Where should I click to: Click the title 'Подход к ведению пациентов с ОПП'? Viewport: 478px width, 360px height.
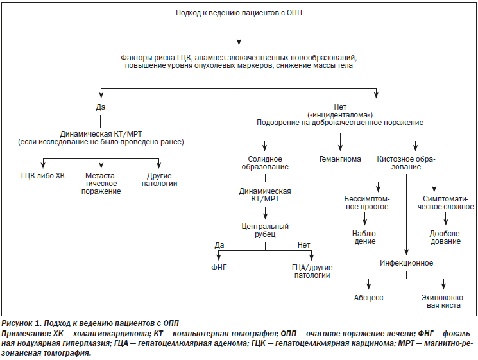(x=239, y=13)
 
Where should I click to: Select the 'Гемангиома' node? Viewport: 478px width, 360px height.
(x=340, y=159)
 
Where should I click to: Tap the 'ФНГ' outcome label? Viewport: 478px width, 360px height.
(x=219, y=268)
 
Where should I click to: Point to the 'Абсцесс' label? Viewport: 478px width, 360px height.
(x=368, y=298)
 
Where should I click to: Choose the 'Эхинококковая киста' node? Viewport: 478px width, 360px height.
(x=443, y=302)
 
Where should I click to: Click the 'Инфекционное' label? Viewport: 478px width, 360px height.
(x=406, y=262)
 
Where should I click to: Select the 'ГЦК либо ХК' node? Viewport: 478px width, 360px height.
(x=43, y=176)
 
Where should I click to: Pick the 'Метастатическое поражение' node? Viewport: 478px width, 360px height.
(x=101, y=184)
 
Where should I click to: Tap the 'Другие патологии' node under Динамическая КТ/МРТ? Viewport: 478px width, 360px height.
(x=159, y=180)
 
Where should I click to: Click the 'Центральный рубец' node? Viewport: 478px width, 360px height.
(x=265, y=230)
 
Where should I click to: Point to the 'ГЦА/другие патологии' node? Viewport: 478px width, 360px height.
(x=312, y=271)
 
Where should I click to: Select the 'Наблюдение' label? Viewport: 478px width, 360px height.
(x=365, y=237)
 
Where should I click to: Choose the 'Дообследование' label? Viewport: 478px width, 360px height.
(x=446, y=237)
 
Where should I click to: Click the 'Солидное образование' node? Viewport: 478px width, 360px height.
(x=265, y=163)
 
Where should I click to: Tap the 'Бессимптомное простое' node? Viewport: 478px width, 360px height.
(x=367, y=203)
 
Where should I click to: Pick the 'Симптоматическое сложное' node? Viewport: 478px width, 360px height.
(x=446, y=203)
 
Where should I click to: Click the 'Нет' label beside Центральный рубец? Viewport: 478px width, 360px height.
(x=303, y=245)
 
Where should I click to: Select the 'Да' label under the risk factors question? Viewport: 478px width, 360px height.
(x=101, y=107)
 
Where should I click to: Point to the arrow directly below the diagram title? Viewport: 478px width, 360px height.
(x=239, y=34)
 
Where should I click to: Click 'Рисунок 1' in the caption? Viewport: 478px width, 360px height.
(x=21, y=323)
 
